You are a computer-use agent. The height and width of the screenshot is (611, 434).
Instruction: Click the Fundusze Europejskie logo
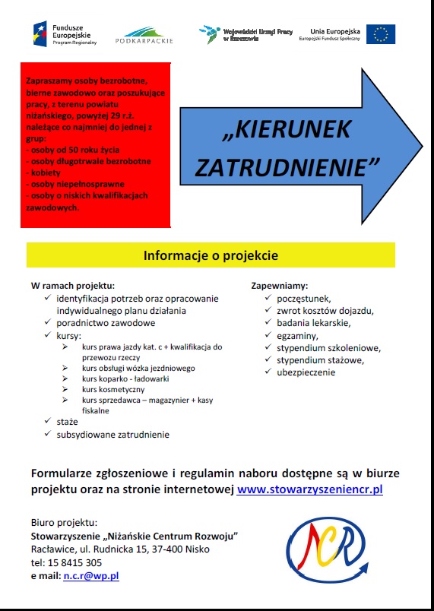(x=62, y=33)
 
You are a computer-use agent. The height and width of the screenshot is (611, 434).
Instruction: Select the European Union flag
(x=380, y=34)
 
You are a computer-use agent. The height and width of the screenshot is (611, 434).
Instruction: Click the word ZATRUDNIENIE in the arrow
(x=287, y=167)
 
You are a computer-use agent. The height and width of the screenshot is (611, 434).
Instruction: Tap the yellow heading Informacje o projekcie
(x=211, y=255)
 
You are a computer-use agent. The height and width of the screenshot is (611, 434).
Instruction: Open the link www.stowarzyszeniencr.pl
(x=310, y=489)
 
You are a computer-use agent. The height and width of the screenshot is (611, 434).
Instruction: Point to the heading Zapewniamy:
(x=280, y=286)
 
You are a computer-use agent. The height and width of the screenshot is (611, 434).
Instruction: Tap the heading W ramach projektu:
(x=73, y=286)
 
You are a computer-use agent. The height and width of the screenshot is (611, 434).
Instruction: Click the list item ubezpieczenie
(x=306, y=372)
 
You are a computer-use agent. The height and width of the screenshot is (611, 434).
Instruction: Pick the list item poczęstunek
(x=304, y=299)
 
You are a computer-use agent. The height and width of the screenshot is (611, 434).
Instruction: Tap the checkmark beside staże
(x=47, y=421)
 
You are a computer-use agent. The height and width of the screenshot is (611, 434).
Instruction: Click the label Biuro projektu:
(x=64, y=523)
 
